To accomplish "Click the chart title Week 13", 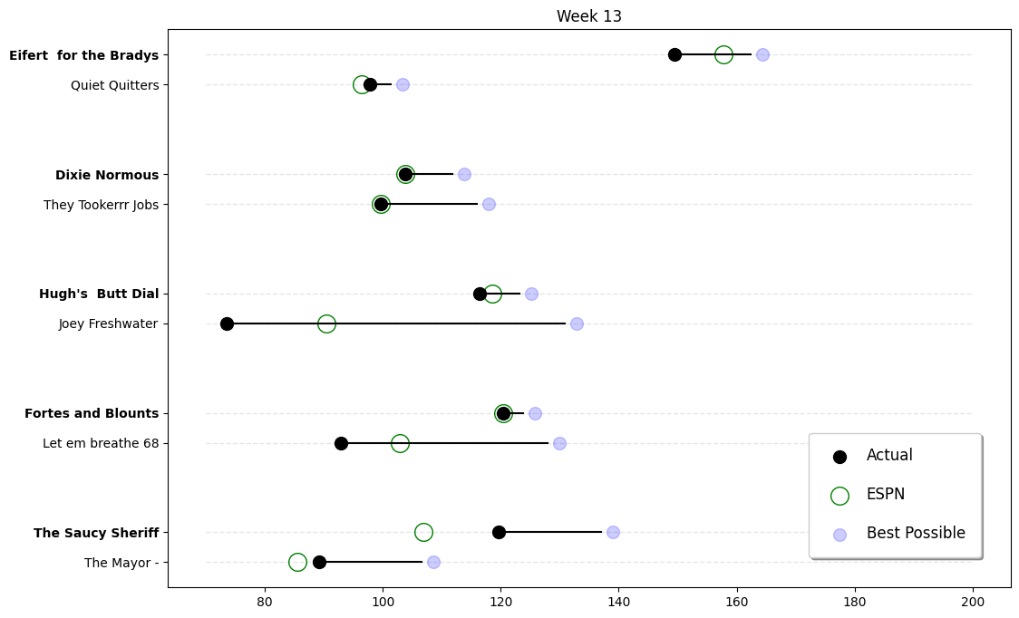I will tap(588, 16).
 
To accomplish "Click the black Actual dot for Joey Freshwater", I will tap(227, 323).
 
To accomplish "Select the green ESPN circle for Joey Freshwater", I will tap(326, 323).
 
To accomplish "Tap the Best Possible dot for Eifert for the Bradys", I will tap(762, 54).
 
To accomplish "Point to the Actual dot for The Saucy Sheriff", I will tap(499, 532).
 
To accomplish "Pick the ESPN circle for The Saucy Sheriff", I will tap(423, 532).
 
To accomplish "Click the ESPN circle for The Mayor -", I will tap(297, 562).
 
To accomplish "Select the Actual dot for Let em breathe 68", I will tap(341, 443).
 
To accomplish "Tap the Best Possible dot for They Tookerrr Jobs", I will tap(489, 204).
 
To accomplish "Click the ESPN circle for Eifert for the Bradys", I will tap(723, 54).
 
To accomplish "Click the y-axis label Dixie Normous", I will tap(107, 175).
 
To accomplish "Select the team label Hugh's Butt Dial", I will tap(99, 294).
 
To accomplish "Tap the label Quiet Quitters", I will tap(114, 85).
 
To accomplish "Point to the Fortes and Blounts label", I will tap(92, 413).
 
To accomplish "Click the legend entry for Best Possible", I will tap(915, 533).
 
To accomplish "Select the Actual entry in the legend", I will tap(888, 455).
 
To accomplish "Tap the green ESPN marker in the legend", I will tap(839, 495).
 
